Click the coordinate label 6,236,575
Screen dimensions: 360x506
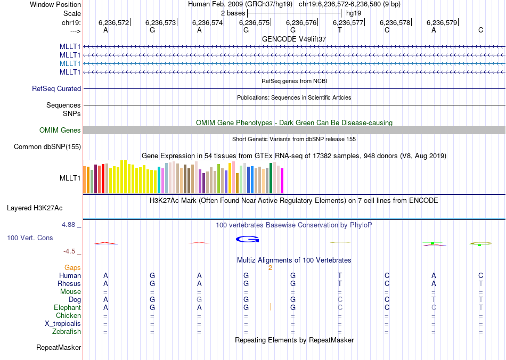254,22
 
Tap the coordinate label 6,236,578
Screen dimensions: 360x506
395,22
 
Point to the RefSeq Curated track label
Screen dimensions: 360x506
56,89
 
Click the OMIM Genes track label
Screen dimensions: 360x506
60,130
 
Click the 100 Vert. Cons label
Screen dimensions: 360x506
30,238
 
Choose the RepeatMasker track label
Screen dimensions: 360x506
59,348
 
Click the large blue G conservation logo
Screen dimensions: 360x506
247,239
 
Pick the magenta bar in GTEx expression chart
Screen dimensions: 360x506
282,181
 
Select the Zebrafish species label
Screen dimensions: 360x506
67,332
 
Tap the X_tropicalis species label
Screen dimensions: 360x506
63,324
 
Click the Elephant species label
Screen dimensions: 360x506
67,308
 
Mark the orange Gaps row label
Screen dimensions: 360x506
72,268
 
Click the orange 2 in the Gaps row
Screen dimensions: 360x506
270,268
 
